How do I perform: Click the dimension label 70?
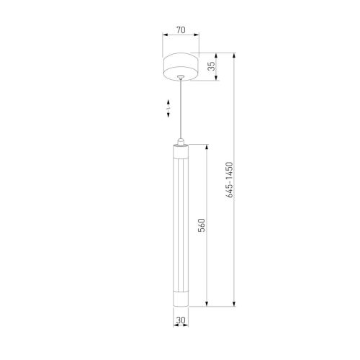click(181, 30)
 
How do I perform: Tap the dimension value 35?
click(212, 66)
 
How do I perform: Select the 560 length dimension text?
click(202, 225)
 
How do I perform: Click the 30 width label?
click(181, 320)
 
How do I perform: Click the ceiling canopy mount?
click(181, 67)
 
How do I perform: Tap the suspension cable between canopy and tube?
click(181, 109)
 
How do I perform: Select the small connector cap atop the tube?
click(181, 142)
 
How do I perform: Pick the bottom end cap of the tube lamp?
click(181, 299)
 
